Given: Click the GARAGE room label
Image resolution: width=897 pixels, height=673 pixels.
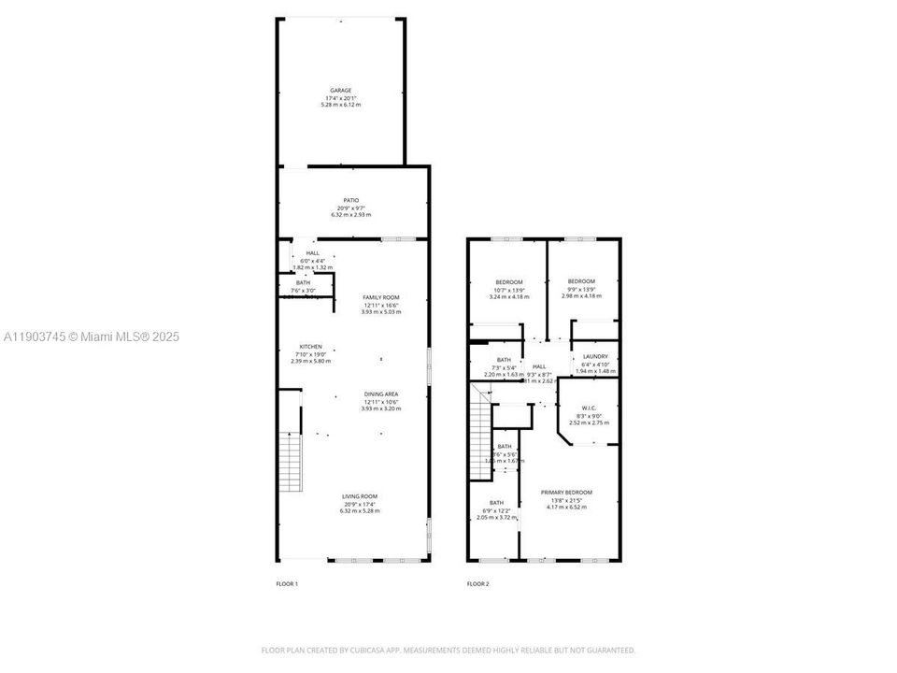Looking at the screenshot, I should [x=340, y=91].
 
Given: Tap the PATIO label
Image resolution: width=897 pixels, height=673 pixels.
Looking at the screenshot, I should [x=350, y=200].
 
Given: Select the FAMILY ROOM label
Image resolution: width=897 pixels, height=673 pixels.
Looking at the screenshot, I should [x=381, y=297].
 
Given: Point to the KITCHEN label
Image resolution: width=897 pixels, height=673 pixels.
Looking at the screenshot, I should [x=310, y=347].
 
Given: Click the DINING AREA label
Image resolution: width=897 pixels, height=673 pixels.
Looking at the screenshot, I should [x=381, y=394].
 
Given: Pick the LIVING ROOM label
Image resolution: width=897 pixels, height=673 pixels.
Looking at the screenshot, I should [x=359, y=496].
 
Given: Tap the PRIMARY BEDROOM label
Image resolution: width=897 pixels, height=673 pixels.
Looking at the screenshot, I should [x=566, y=493].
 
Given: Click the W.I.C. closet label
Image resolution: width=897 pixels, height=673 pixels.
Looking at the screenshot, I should [x=589, y=408].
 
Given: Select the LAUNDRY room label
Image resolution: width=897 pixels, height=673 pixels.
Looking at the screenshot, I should [x=595, y=356].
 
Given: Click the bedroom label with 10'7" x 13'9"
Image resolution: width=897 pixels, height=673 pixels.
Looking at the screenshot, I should [x=509, y=282].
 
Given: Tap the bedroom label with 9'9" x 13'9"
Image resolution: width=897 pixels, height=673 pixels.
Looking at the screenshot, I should [x=581, y=281].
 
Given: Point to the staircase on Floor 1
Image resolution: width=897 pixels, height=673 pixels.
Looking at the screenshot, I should [x=292, y=462].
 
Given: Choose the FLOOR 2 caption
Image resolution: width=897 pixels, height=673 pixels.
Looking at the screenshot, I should [x=477, y=584].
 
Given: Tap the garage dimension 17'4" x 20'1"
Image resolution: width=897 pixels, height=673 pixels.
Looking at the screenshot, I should [x=340, y=98].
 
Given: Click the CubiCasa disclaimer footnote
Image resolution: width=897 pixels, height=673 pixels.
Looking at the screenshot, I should [x=448, y=650].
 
